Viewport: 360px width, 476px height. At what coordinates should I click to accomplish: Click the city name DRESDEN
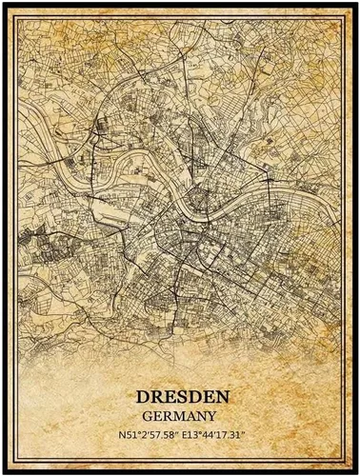click(180, 394)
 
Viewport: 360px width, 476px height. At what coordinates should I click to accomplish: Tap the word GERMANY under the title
click(180, 415)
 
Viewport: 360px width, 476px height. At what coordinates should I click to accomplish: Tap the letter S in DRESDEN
click(179, 394)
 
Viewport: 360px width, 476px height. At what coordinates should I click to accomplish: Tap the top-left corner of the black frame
click(4, 4)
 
